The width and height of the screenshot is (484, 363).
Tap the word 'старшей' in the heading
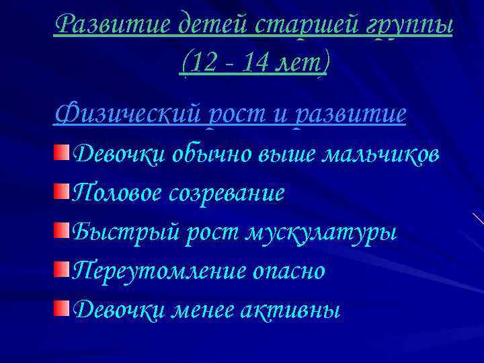point(309,26)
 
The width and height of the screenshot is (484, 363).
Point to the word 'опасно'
point(291,272)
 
